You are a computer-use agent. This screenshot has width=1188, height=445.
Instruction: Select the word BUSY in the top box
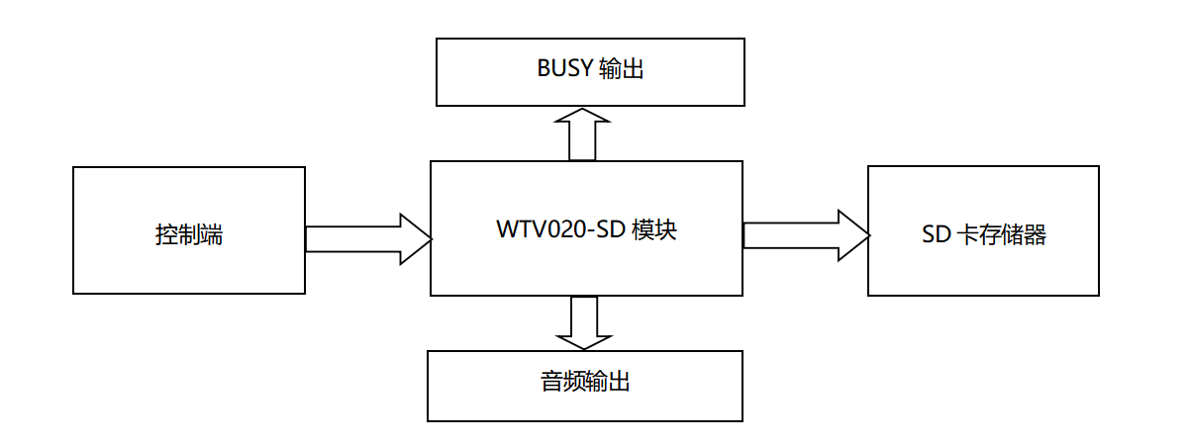[x=564, y=68]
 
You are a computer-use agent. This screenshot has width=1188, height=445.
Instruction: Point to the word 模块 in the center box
[x=653, y=229]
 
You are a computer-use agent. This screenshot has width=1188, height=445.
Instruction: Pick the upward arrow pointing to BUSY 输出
[x=582, y=135]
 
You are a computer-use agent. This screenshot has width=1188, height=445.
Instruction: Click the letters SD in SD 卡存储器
[x=934, y=235]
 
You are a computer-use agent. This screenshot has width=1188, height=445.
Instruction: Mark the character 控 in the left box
[x=166, y=235]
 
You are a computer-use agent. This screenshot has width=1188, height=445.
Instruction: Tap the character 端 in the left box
[x=211, y=235]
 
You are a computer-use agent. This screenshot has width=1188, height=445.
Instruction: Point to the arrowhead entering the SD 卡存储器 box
[x=852, y=235]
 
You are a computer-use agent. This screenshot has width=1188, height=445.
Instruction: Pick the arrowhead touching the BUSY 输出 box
[x=582, y=116]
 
